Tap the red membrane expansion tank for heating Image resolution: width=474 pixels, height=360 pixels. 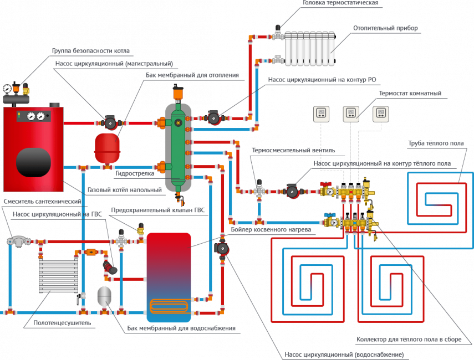(107, 143)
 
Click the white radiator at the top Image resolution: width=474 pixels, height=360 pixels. (311, 48)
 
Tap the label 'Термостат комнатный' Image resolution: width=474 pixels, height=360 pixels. (410, 94)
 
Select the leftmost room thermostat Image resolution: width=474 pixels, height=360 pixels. (321, 114)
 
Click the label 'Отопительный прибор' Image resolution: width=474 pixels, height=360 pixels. (385, 28)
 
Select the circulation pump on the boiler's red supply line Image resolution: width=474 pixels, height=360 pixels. (110, 121)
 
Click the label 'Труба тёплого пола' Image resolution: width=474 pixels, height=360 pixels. (436, 143)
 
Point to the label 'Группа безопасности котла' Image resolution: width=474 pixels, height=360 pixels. (91, 51)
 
